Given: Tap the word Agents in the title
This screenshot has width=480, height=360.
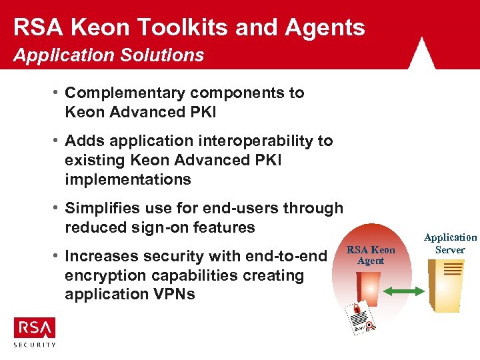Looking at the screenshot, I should [325, 27].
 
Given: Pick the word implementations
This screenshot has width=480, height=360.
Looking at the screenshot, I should [128, 179].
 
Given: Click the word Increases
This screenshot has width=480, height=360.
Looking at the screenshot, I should [100, 256].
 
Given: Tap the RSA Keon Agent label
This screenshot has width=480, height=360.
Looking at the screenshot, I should [371, 255].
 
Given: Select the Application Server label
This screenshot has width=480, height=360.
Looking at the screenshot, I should [451, 243].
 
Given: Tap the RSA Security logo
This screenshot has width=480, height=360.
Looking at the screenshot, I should [35, 331].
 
